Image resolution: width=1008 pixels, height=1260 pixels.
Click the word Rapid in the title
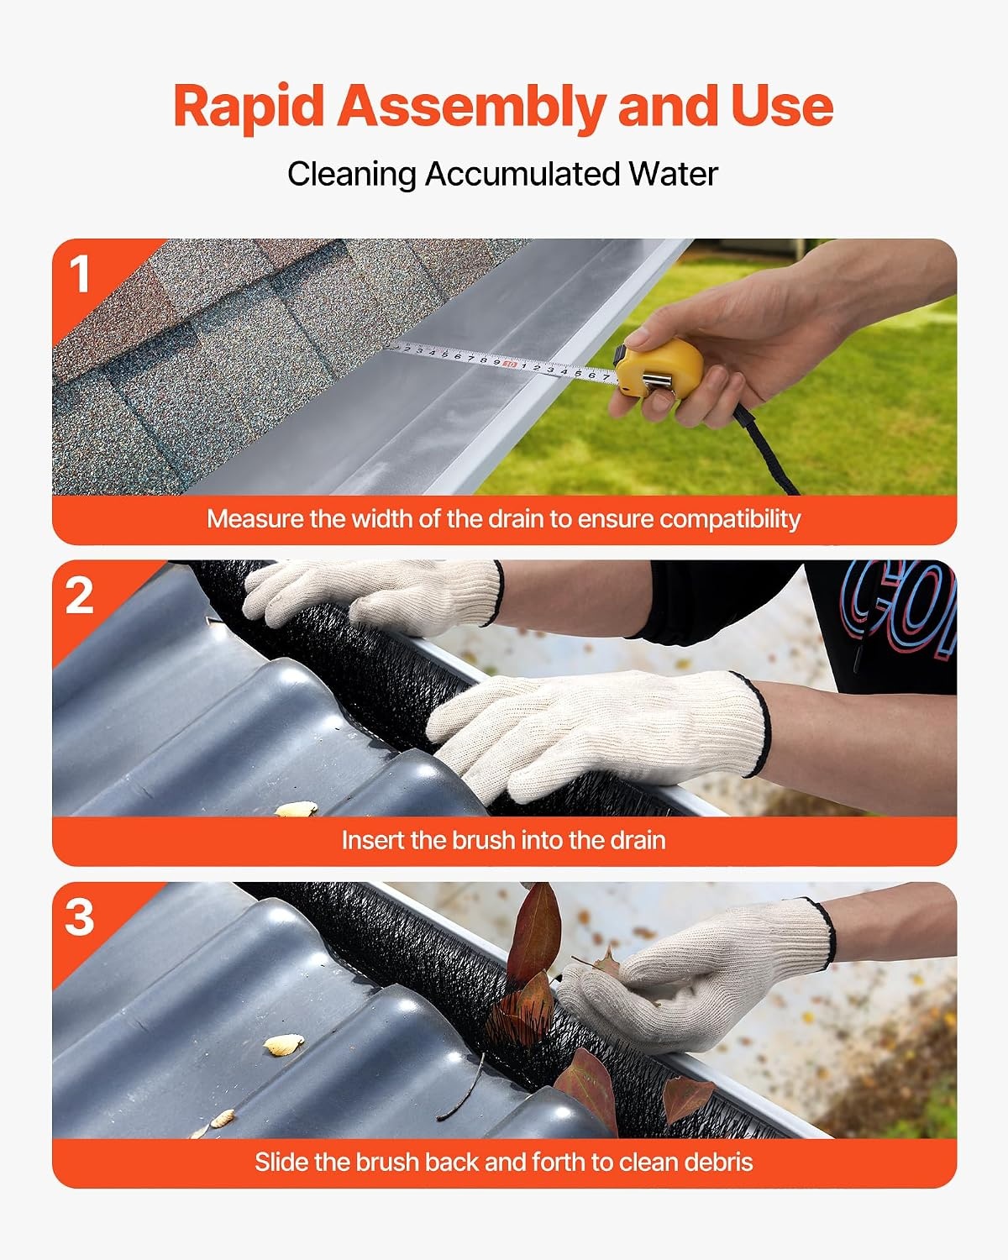point(249,106)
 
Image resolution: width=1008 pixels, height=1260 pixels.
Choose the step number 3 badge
point(80,917)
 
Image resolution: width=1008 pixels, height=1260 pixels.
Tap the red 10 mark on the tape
point(510,365)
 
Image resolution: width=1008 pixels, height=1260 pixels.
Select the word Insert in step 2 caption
point(372,840)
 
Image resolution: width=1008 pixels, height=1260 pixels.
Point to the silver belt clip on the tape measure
point(659,381)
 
